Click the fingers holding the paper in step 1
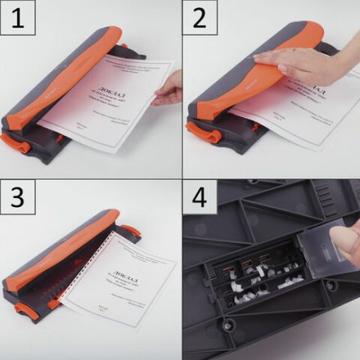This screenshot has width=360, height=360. click(x=169, y=87)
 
